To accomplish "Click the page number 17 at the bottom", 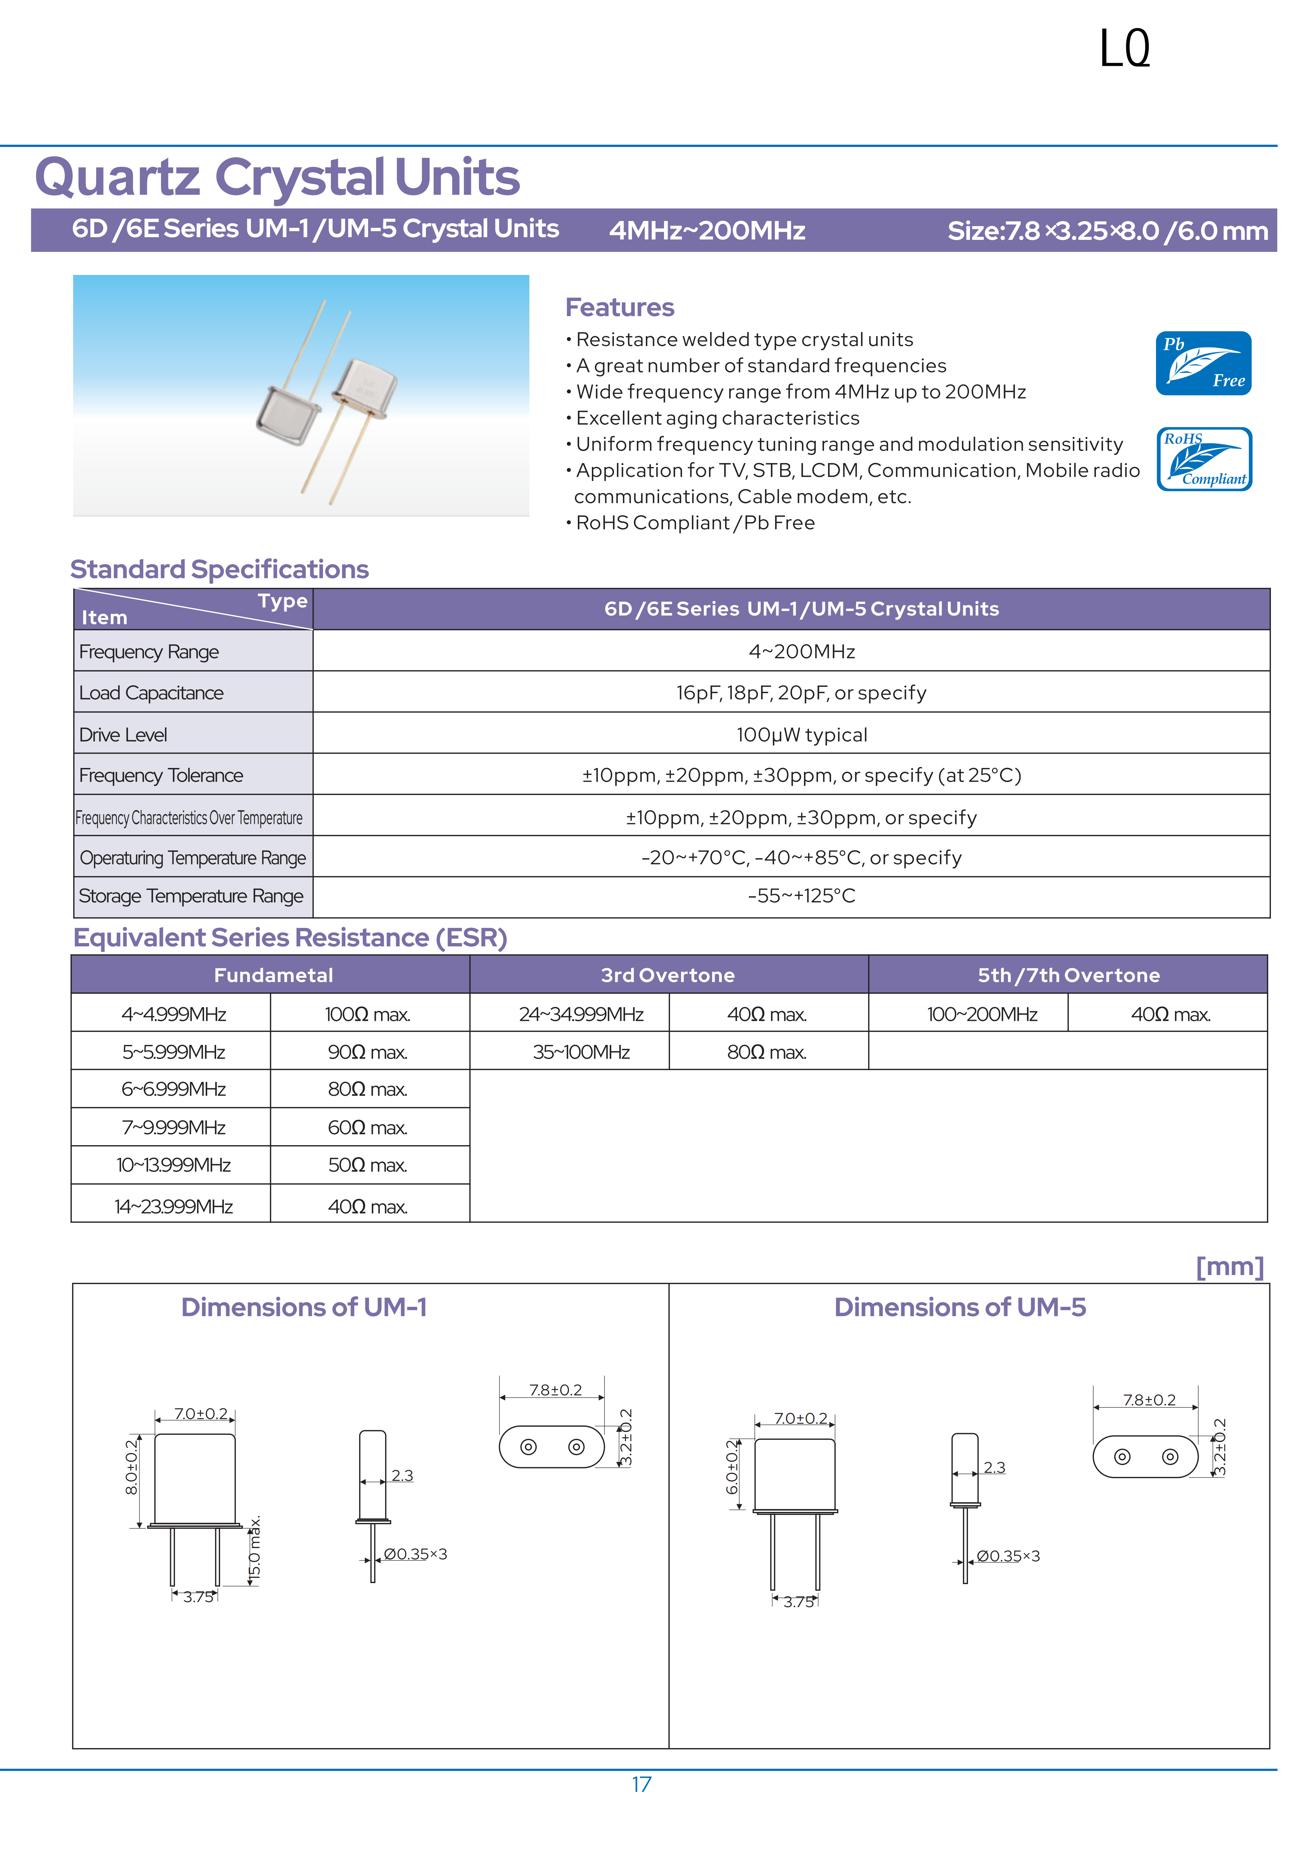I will (x=641, y=1784).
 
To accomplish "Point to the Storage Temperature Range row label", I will (x=191, y=896).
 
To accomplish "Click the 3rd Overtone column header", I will (x=668, y=975).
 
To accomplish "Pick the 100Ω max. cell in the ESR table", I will (x=368, y=1014).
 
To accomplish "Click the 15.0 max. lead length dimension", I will (x=255, y=1550).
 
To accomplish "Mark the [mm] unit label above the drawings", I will (x=1229, y=1266).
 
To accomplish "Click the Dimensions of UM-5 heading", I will (x=960, y=1307).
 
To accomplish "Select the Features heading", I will (x=619, y=307).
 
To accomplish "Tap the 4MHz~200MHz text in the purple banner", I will (x=707, y=231).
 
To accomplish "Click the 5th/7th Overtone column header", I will (x=1069, y=975).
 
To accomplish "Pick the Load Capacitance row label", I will (x=152, y=693).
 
